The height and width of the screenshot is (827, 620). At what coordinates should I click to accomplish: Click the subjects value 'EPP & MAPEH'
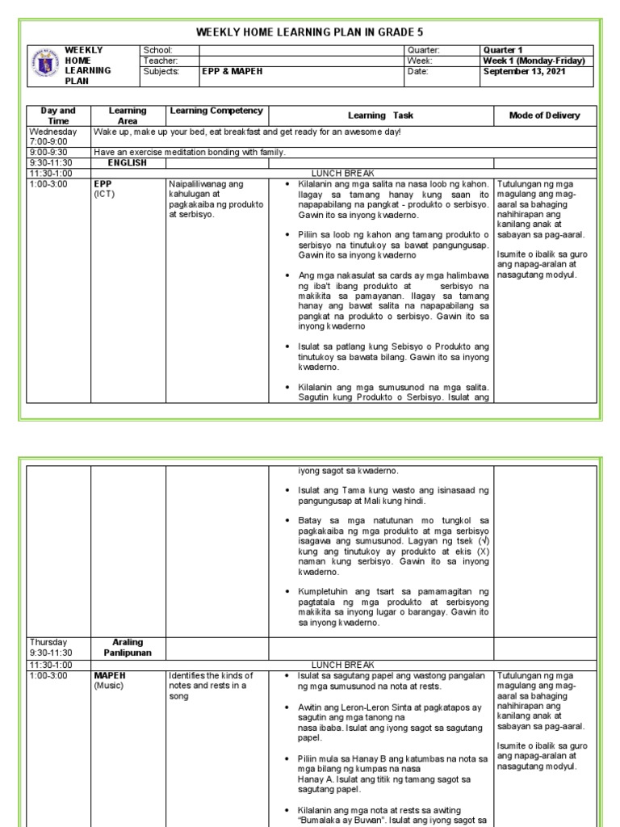232,71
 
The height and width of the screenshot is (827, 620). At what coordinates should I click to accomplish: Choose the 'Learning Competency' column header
216,110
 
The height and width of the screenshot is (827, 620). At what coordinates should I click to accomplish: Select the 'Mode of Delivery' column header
544,115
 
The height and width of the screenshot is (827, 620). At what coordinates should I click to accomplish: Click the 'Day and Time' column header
57,115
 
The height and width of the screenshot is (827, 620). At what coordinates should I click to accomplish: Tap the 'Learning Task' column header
380,115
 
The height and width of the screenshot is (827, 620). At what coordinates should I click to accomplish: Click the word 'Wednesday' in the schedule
52,131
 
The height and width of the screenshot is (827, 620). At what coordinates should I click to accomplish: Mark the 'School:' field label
158,50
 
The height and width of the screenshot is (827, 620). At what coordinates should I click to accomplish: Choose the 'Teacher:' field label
160,61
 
